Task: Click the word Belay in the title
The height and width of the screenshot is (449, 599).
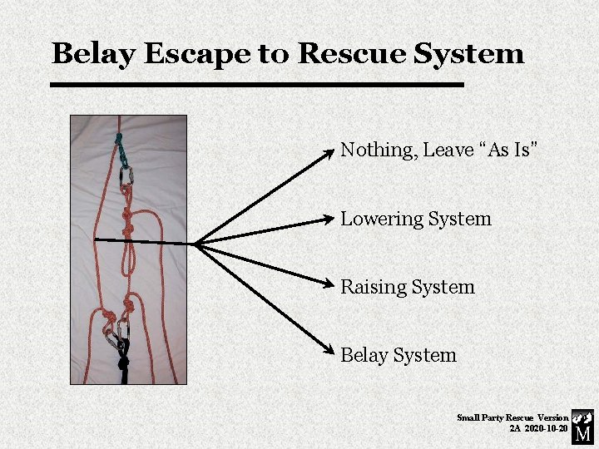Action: pos(92,54)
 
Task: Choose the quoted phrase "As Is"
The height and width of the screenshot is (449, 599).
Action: pos(509,150)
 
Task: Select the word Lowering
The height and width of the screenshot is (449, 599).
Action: pos(381,220)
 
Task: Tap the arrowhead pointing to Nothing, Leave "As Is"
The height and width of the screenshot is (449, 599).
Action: pos(330,153)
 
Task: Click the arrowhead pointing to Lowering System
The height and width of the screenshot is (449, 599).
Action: pos(329,220)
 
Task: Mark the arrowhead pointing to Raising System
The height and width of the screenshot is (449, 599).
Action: pos(329,284)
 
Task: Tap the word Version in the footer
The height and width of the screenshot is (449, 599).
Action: pos(553,417)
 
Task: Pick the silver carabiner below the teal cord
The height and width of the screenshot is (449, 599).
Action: pos(126,175)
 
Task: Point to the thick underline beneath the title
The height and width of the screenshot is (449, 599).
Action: pos(256,84)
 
